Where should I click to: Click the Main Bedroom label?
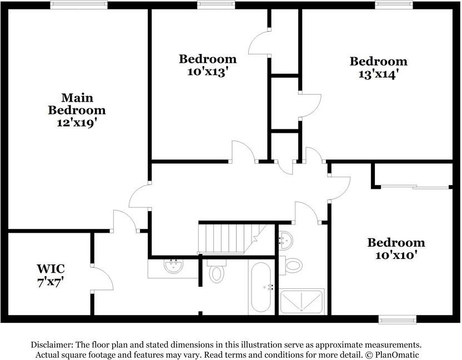tap(77, 104)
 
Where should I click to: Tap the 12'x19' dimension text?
tap(77, 122)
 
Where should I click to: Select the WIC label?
tap(51, 268)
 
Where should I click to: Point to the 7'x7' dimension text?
tap(51, 282)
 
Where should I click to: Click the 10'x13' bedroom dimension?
tap(208, 72)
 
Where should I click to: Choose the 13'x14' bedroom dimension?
tap(379, 74)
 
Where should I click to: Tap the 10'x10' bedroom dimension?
tap(396, 255)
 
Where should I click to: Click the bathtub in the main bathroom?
tap(262, 287)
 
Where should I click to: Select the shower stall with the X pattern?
tap(302, 302)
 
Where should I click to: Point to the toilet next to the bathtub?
tap(217, 271)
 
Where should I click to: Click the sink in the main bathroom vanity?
tap(173, 266)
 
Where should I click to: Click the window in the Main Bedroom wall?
tap(79, 4)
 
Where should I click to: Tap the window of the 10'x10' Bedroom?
tap(398, 319)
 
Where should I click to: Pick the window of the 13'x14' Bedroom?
tap(394, 4)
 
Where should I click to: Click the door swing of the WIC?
tap(102, 278)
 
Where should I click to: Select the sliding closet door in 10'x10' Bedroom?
tap(415, 187)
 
